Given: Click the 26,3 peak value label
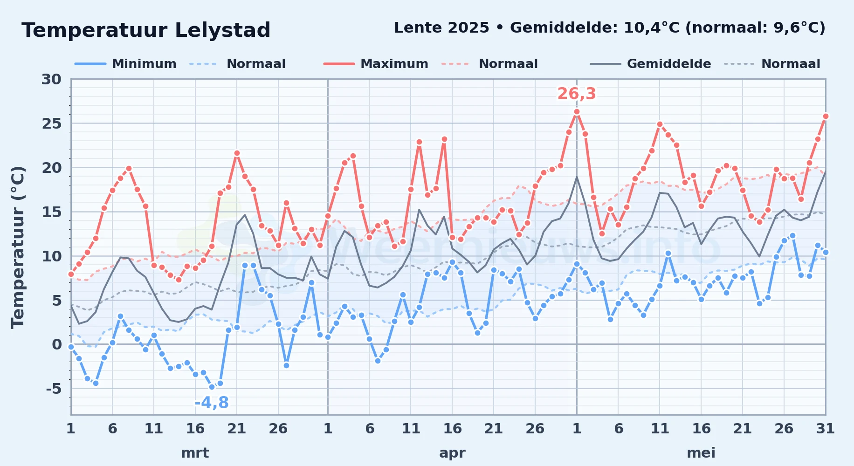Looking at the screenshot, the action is click(577, 94).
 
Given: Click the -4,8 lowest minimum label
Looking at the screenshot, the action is click(212, 403).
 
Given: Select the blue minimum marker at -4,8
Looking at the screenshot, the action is click(212, 387).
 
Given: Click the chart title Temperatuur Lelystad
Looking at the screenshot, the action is click(146, 30).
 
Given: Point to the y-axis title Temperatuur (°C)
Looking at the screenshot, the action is click(18, 247).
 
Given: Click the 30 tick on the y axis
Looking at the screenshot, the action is click(51, 79).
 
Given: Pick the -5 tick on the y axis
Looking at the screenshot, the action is click(54, 388).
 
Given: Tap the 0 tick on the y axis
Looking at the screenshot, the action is click(57, 344).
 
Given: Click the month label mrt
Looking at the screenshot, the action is click(195, 453).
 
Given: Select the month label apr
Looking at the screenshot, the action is click(452, 453).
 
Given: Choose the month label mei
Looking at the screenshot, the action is click(701, 453).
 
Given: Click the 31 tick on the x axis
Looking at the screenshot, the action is click(825, 428).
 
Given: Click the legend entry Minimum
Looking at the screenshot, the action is click(144, 64).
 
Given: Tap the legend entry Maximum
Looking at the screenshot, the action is click(394, 64).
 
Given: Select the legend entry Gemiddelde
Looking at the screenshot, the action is click(669, 64).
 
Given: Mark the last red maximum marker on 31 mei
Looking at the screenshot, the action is click(826, 116).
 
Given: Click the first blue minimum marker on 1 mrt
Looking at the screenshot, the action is click(71, 347).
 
